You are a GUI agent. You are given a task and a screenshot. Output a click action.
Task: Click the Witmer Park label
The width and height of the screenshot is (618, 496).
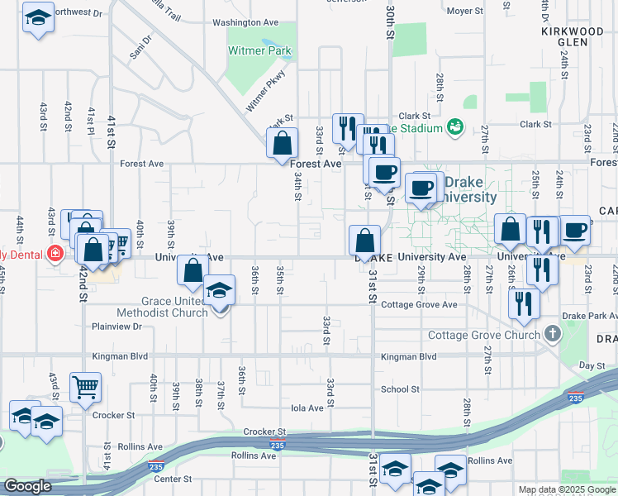259,50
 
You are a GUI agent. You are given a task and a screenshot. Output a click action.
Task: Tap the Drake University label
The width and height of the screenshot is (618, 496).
470,189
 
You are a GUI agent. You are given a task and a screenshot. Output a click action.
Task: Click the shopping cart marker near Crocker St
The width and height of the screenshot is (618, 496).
86,386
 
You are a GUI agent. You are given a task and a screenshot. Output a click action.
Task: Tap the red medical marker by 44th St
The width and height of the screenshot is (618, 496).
55,253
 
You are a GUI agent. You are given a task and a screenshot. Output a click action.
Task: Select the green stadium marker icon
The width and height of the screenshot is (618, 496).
454,126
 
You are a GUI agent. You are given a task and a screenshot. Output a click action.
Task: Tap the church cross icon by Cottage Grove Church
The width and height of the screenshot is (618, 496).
553,335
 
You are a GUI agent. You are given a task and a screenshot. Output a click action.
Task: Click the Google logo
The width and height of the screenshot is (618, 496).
28,486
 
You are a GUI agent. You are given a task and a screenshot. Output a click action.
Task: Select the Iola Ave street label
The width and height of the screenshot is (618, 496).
307,408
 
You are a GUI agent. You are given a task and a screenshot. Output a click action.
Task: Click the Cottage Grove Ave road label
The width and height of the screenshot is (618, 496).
419,304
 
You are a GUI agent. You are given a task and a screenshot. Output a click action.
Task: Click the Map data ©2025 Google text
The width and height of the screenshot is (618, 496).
566,489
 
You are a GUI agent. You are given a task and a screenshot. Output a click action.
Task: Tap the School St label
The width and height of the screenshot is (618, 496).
400,389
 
